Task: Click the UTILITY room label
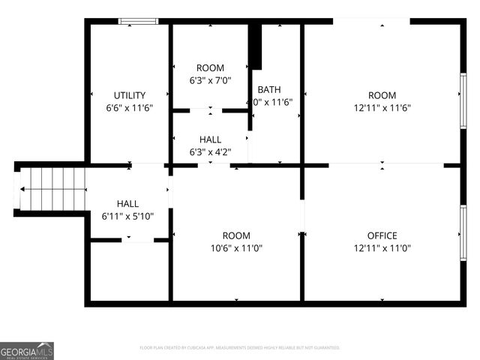130,95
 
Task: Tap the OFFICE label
382,235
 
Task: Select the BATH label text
269,89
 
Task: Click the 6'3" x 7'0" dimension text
210,80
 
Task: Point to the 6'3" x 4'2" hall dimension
210,151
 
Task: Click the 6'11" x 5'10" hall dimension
127,216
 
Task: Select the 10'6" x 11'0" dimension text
237,248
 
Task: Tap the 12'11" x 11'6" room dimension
382,107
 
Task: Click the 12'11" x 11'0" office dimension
382,248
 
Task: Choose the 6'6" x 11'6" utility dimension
130,107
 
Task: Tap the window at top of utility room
139,21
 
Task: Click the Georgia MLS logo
27,351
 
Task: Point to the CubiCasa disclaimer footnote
240,348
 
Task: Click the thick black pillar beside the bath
255,46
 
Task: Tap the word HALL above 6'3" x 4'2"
210,139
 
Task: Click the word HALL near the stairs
127,204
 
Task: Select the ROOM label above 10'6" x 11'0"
237,235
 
